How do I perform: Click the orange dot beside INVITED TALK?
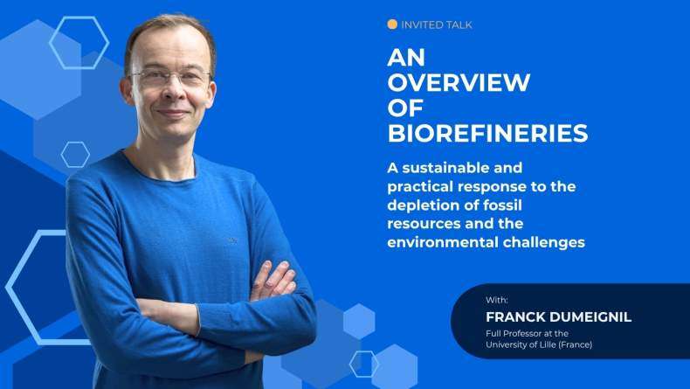point(392,24)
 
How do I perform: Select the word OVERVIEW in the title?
point(459,82)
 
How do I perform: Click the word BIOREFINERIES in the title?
point(487,133)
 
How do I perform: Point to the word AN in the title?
point(406,58)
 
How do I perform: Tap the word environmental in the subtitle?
point(442,242)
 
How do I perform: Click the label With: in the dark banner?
point(497,300)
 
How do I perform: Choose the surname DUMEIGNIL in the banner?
point(590,316)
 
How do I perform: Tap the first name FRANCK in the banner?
point(515,316)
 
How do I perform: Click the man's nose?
point(172,91)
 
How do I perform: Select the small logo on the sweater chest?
point(233,240)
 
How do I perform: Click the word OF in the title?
point(405,108)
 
